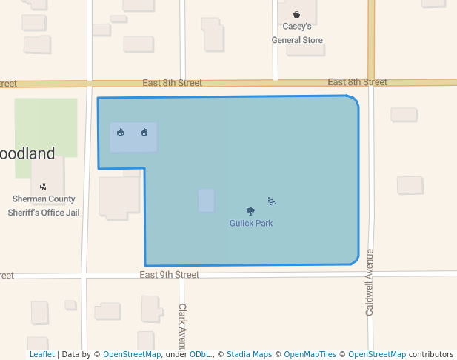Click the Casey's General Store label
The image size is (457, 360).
point(297,33)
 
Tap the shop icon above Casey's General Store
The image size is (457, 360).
point(297,14)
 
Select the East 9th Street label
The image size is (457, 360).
point(169,275)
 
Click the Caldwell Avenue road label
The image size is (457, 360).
point(370,282)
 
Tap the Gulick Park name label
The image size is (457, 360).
point(251,223)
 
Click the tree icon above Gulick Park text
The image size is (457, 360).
point(251,211)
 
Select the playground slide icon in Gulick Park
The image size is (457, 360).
point(272,201)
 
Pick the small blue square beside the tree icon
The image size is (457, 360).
point(206,200)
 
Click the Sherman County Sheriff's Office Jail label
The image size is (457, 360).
point(44,206)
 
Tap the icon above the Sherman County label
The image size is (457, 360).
point(43,187)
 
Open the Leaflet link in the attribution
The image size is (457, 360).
point(41,354)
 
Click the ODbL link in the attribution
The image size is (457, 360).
point(199,354)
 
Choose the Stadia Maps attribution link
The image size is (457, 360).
point(249,354)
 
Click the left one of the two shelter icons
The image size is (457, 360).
point(121,133)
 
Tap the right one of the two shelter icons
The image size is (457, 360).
point(144,133)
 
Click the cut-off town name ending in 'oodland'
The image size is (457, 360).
point(27,154)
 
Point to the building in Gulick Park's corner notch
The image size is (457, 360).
point(119,196)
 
